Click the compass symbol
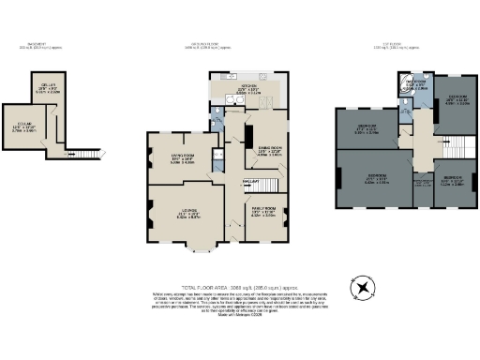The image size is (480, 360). [361, 285]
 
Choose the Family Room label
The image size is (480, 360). [263, 212]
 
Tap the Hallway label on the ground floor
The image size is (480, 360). [251, 181]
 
